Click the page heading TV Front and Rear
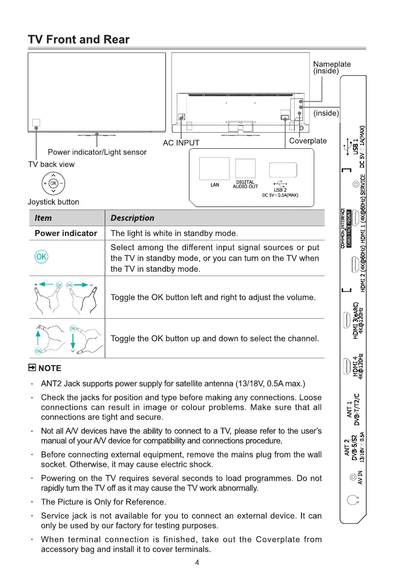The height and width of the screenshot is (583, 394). point(79,40)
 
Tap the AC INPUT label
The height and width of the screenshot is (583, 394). point(181,143)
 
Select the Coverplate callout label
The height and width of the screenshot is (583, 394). point(308,141)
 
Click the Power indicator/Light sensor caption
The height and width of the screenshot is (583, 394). point(97,152)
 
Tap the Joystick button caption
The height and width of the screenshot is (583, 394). point(53,202)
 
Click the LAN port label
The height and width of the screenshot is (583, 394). point(214,185)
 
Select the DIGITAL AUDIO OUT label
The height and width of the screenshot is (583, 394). point(247,184)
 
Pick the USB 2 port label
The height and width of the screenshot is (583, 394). point(280,190)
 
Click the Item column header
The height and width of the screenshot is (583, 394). point(43,218)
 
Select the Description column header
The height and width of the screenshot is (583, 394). point(132,218)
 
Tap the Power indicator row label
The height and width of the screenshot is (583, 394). point(66,233)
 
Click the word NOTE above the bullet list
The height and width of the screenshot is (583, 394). point(50,368)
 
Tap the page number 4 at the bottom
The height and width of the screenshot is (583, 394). point(197,562)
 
